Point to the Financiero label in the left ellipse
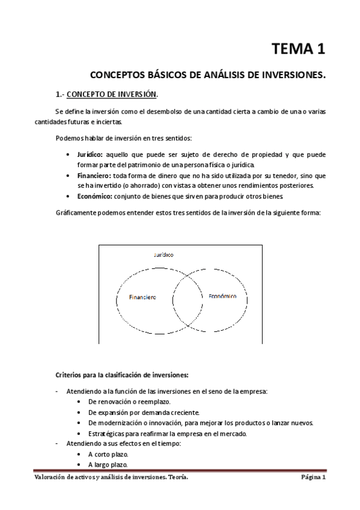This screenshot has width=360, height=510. point(143,297)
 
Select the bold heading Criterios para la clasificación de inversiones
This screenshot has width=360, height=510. point(122,375)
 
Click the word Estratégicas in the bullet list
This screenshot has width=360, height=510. point(106,434)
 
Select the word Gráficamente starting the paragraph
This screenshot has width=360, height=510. point(76,212)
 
